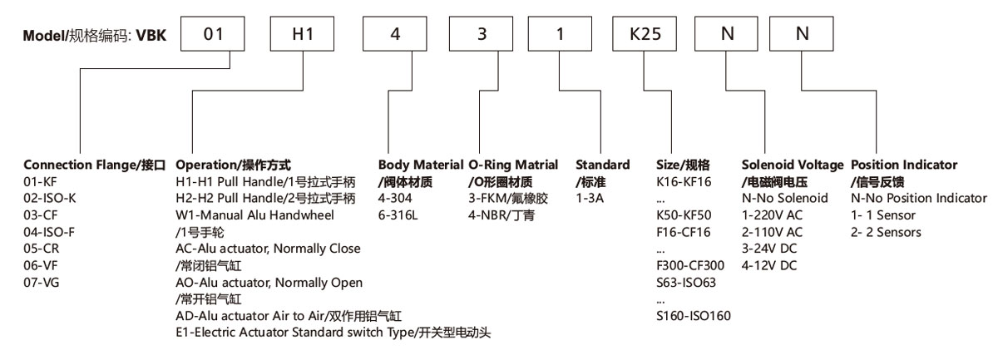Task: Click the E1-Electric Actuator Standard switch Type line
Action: pyautogui.click(x=333, y=333)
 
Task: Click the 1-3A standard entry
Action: pyautogui.click(x=591, y=198)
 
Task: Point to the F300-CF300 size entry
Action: pyautogui.click(x=690, y=265)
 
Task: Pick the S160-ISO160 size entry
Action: pyautogui.click(x=694, y=316)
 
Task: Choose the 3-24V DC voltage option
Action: pyautogui.click(x=769, y=249)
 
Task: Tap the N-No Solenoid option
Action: pyautogui.click(x=784, y=198)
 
